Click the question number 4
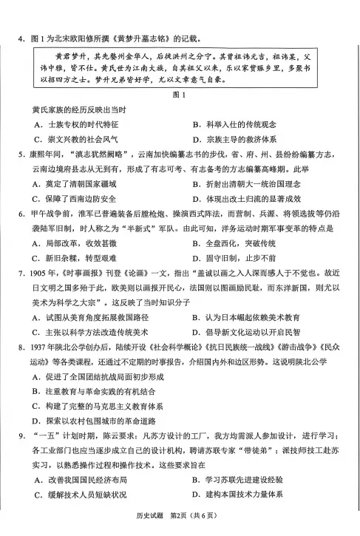point(26,39)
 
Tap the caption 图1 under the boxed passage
point(177,95)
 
